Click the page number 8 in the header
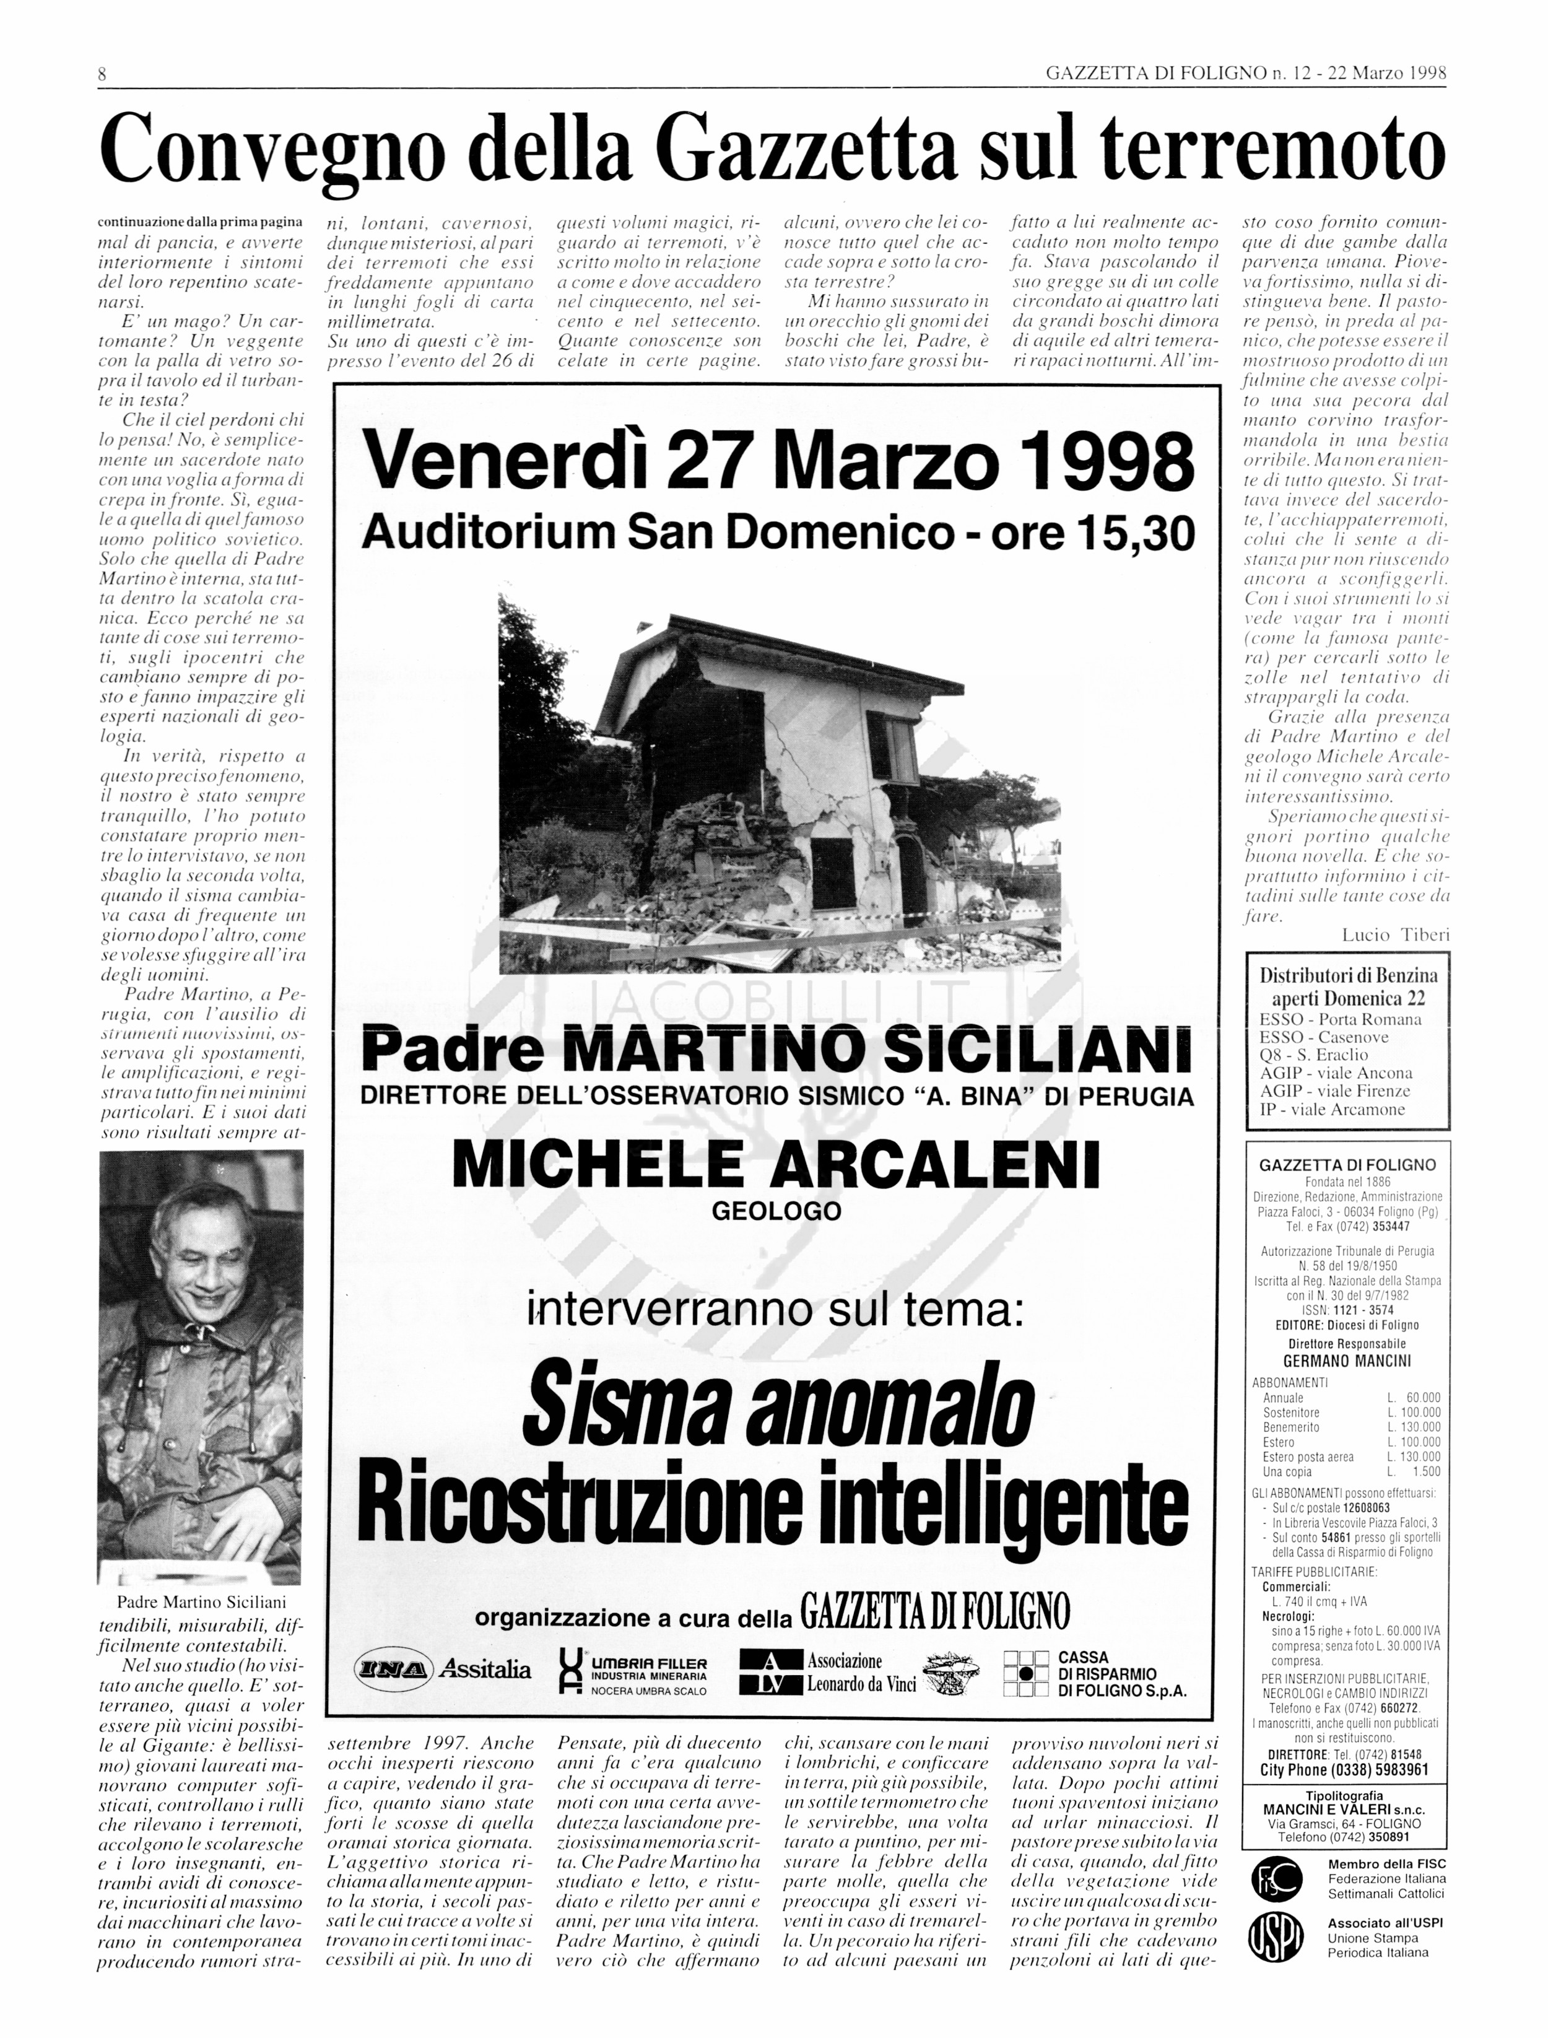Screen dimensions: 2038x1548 click(x=102, y=74)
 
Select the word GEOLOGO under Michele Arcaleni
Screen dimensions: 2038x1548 click(x=776, y=1211)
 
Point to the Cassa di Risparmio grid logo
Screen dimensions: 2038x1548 click(x=1025, y=1673)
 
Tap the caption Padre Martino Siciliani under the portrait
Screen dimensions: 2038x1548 click(x=201, y=1602)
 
